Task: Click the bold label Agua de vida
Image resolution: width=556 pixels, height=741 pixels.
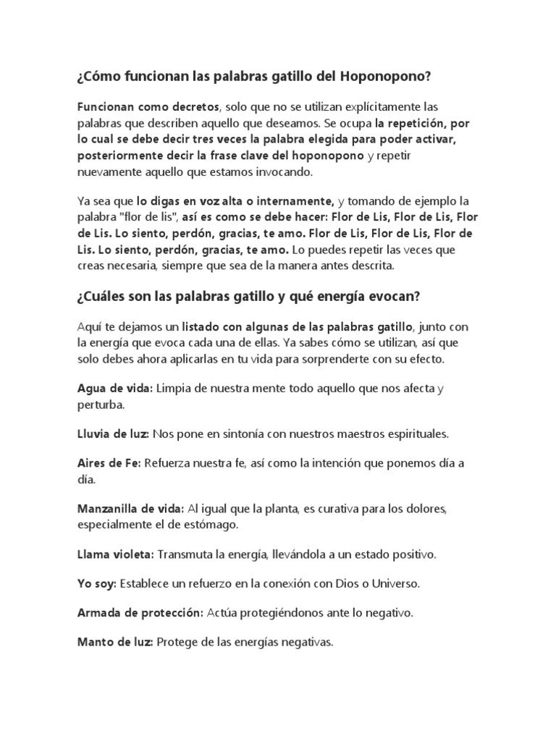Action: tap(115, 389)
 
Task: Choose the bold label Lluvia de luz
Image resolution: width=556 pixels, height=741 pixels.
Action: tap(113, 433)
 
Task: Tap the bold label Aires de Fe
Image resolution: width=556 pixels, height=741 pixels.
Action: tap(109, 462)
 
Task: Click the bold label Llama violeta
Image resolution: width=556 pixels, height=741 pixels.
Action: tap(115, 554)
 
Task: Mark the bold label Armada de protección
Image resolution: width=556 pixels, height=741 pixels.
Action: tap(140, 612)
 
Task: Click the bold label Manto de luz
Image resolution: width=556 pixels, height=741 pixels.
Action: tap(114, 640)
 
